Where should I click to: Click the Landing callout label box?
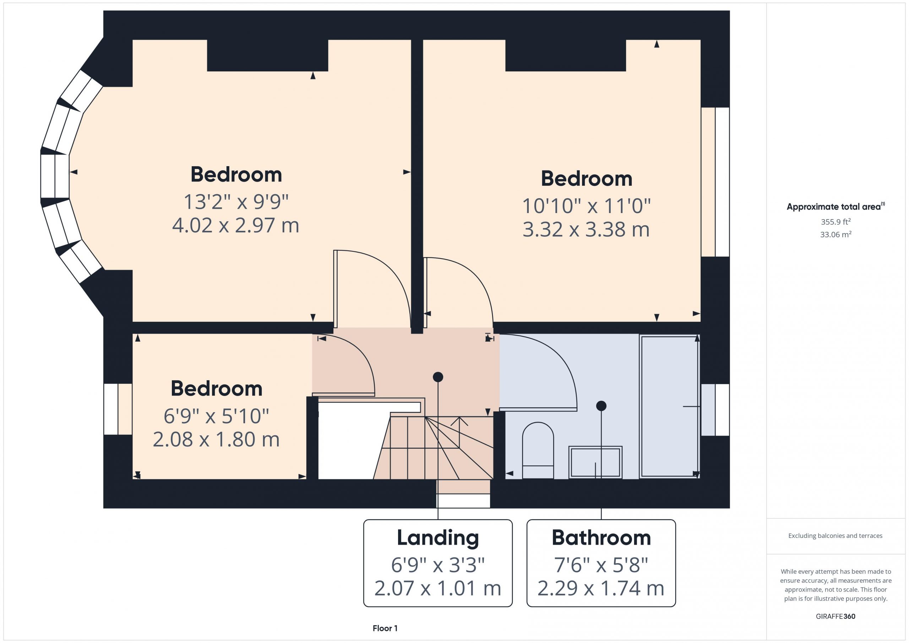click(437, 563)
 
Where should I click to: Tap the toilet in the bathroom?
click(538, 450)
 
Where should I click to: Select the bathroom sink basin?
click(595, 462)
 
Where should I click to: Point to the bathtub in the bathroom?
click(669, 406)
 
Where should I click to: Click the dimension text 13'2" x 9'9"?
click(236, 202)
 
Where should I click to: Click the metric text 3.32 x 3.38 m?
click(586, 229)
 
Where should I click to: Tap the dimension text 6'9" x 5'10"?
click(216, 416)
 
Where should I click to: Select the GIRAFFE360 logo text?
click(835, 616)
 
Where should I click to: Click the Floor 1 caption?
click(385, 628)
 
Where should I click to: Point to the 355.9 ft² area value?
click(835, 221)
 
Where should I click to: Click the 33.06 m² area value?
click(835, 234)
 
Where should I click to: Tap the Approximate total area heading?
click(835, 206)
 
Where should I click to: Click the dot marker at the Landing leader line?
click(437, 377)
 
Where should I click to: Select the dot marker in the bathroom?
click(601, 405)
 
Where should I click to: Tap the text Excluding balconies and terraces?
click(835, 536)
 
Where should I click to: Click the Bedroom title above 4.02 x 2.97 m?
click(236, 174)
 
